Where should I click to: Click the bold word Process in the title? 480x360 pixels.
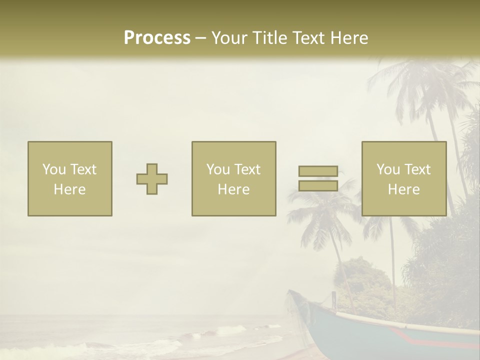157,37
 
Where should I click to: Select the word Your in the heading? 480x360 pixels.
228,37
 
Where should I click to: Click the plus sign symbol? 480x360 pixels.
152,179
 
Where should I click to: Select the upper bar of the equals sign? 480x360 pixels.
318,171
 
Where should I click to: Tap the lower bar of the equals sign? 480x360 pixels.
318,185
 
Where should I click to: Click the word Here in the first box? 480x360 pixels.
70,189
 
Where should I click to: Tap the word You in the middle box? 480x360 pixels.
217,169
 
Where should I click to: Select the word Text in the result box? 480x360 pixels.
417,169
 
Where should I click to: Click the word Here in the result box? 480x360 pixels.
404,189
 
